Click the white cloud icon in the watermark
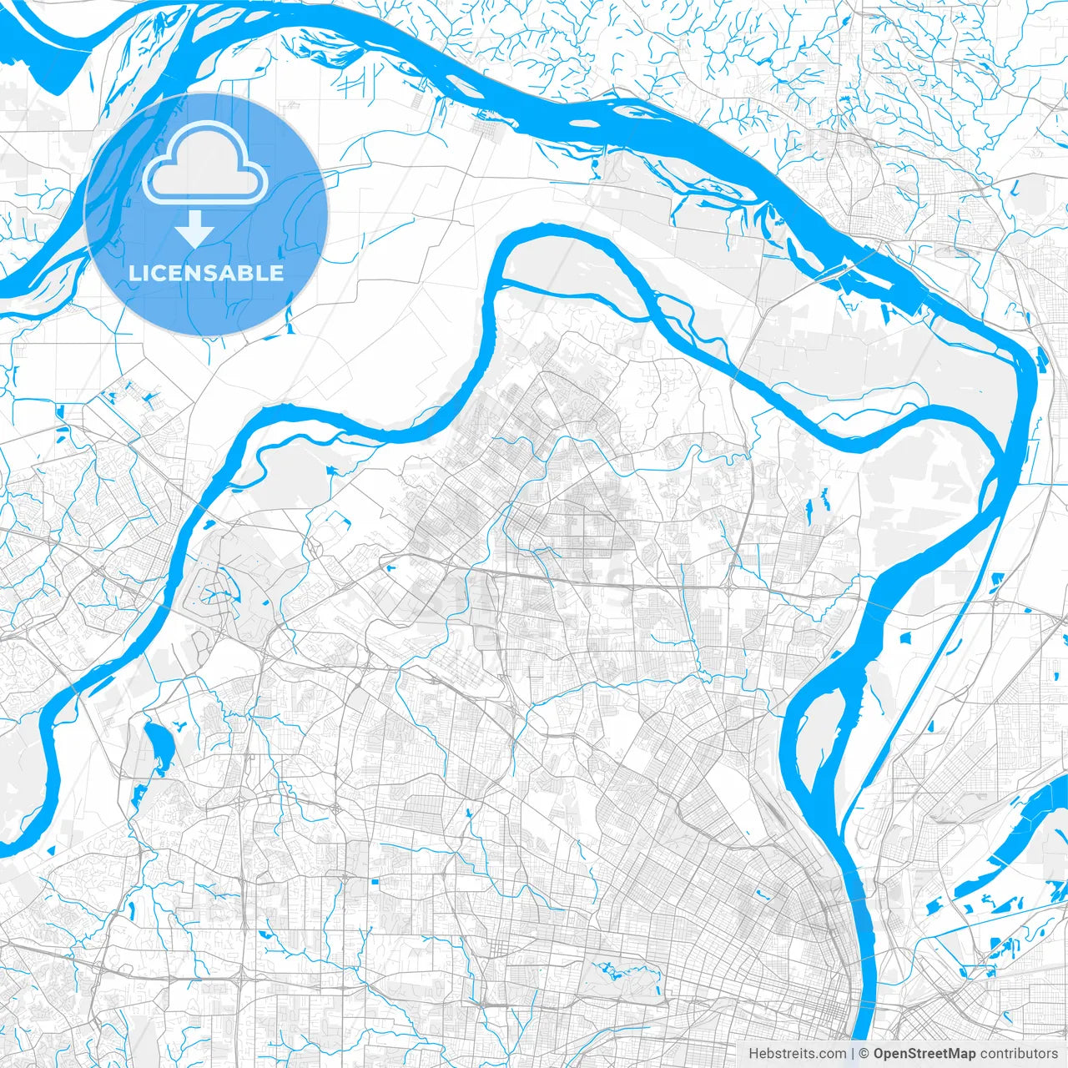tap(205, 171)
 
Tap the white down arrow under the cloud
tap(194, 229)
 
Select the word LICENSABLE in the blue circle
tap(206, 273)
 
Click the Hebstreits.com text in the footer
tap(796, 1054)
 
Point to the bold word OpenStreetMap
tap(924, 1054)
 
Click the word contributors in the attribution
tap(1019, 1054)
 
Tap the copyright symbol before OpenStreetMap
tap(864, 1054)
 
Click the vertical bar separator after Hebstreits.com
tap(851, 1054)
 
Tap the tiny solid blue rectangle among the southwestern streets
tap(375, 881)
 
